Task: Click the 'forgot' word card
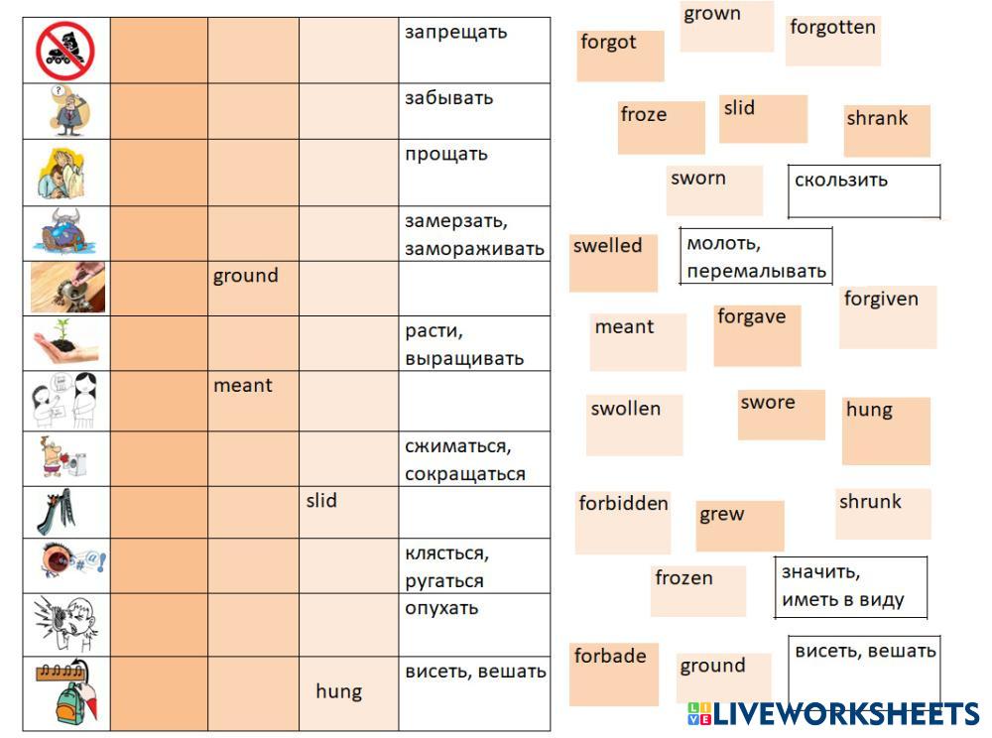(620, 56)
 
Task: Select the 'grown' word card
(727, 27)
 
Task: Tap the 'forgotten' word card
(832, 41)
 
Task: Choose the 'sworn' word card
(714, 190)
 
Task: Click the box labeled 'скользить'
(863, 191)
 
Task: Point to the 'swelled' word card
(613, 262)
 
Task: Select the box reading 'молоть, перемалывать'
(756, 256)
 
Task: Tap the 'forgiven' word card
(887, 317)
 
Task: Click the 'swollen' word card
(635, 425)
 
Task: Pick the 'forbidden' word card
(622, 522)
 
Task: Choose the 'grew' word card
(739, 526)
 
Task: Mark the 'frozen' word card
(698, 591)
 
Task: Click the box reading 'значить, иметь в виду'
(850, 587)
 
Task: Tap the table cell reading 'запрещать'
(474, 50)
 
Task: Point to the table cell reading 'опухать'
(474, 625)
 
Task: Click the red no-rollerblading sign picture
(65, 51)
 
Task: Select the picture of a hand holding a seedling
(65, 343)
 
